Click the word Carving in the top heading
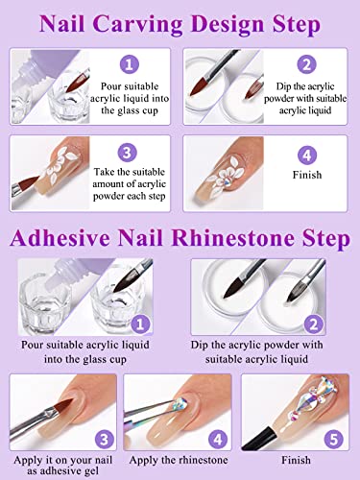[138, 25]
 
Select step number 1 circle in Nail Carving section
[129, 65]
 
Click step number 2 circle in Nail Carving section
[306, 65]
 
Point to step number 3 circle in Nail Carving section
[127, 153]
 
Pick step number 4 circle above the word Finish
[307, 156]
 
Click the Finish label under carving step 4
[307, 175]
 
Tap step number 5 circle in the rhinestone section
[333, 439]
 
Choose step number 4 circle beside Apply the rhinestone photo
[218, 439]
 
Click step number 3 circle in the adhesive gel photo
[105, 439]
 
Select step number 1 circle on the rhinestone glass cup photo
[140, 324]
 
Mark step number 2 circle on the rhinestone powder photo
[314, 324]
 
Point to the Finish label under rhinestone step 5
[296, 460]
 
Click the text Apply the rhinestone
[179, 460]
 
